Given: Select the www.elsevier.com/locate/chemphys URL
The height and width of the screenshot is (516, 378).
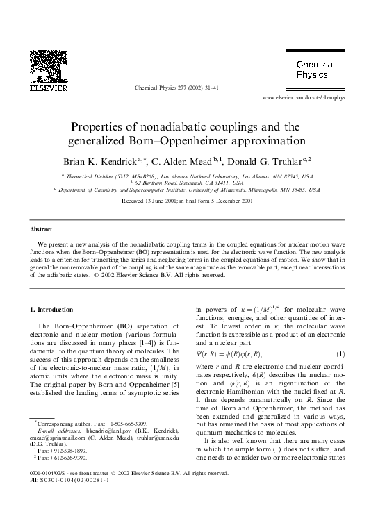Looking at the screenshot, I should pyautogui.click(x=304, y=98).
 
